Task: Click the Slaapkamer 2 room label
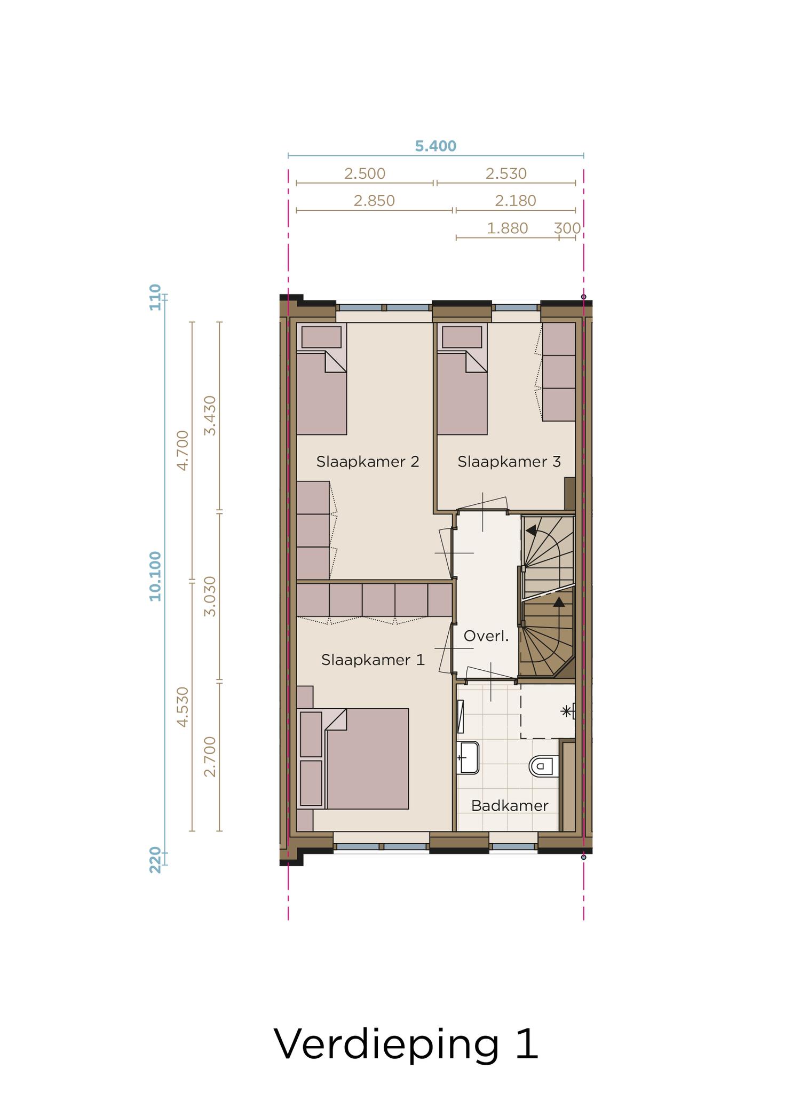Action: coord(368,462)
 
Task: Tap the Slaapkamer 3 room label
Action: coord(509,462)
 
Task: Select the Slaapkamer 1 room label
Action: coord(373,660)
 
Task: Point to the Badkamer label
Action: coord(510,806)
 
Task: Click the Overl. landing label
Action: coord(486,636)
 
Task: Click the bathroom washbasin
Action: coord(468,757)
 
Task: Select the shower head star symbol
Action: coord(566,711)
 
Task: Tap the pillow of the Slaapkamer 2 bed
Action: coord(321,337)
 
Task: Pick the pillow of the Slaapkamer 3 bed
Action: coord(462,337)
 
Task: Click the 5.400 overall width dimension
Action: coord(435,146)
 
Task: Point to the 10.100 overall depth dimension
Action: coord(155,576)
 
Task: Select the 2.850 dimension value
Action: coord(374,201)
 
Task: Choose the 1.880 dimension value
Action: coord(507,228)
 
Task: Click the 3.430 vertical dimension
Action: coord(211,416)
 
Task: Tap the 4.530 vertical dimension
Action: coord(183,707)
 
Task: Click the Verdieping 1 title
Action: coord(406,1044)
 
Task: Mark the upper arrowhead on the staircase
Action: coord(531,530)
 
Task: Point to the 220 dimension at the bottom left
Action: coord(155,860)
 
